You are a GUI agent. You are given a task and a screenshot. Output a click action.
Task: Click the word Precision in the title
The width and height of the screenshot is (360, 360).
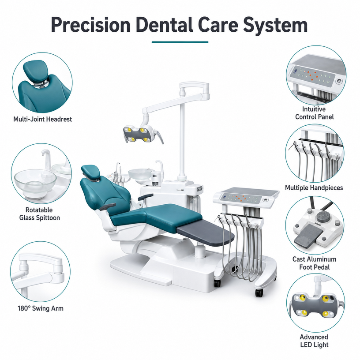click(x=91, y=25)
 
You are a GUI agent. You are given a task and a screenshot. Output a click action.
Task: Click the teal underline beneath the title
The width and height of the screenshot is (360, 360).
click(x=180, y=42)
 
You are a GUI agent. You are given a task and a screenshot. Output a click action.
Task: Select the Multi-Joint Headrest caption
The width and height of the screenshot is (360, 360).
click(x=42, y=119)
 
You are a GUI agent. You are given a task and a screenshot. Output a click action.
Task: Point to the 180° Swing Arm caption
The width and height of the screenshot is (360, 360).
click(x=41, y=308)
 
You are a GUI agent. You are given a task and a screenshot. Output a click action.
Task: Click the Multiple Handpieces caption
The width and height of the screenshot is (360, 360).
click(x=314, y=188)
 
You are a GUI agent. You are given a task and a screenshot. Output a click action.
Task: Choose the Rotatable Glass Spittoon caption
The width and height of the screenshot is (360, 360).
click(x=40, y=214)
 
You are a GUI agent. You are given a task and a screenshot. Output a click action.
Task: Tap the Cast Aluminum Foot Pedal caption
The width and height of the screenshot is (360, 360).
click(x=314, y=263)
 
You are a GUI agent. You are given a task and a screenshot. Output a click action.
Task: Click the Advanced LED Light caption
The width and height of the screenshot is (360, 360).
click(x=314, y=341)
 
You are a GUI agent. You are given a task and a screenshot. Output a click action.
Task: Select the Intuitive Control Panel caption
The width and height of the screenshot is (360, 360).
click(x=314, y=113)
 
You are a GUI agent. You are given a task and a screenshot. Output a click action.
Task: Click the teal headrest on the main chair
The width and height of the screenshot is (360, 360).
click(x=91, y=172)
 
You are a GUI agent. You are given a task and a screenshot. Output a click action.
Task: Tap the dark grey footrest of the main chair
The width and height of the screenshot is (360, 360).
click(x=205, y=232)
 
